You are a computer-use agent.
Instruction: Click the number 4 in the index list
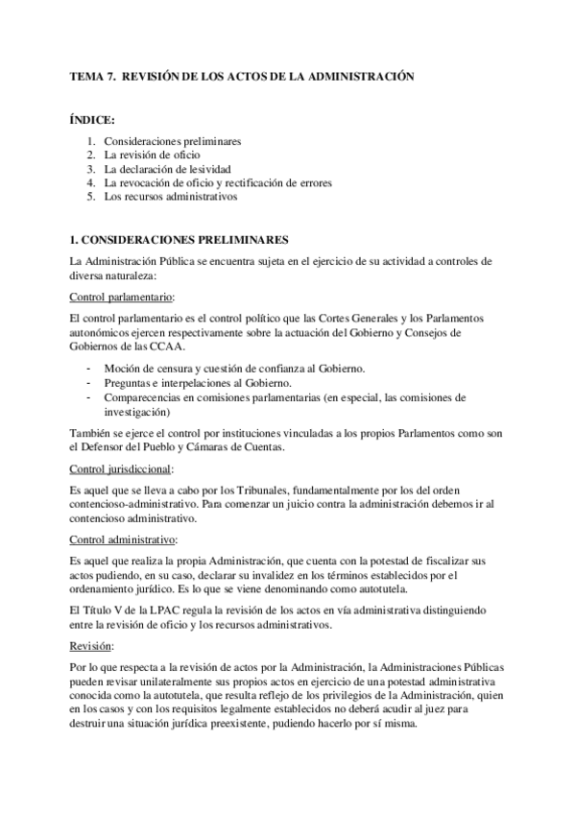coord(90,182)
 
